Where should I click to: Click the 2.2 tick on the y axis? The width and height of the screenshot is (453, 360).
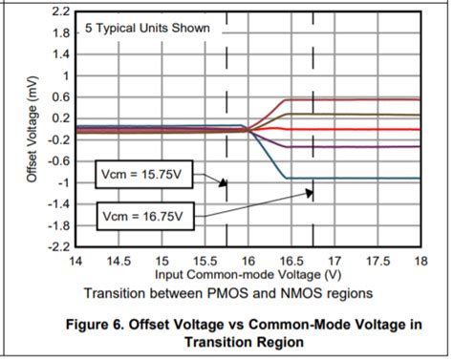coord(59,11)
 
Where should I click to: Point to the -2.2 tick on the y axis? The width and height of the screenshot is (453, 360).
coord(57,246)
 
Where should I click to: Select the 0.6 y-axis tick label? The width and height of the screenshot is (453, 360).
coord(59,96)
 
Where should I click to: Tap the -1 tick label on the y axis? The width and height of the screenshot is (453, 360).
coord(61,182)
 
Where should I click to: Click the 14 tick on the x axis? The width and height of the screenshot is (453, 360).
coord(75,260)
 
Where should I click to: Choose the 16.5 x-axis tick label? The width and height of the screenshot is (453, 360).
coord(291,260)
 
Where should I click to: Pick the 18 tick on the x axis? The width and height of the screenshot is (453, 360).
coord(420,260)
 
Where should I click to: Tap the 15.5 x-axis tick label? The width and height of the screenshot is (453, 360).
coord(205,260)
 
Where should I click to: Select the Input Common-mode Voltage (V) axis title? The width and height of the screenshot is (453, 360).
coord(248,274)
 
